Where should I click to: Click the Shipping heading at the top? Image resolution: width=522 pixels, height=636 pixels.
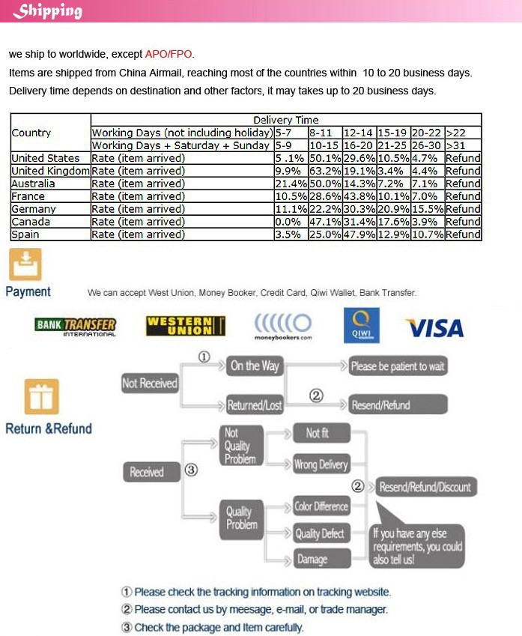click(49, 11)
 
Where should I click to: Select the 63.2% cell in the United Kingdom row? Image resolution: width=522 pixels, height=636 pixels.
click(324, 171)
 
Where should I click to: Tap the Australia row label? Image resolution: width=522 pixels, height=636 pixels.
click(33, 184)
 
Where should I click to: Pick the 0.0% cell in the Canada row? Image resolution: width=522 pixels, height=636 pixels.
click(288, 222)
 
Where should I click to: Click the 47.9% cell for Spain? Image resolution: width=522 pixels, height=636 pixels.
click(359, 234)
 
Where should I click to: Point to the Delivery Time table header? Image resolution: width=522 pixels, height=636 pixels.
click(285, 120)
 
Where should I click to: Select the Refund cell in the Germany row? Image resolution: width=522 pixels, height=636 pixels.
click(462, 209)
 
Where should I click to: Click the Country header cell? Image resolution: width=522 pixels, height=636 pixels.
click(31, 133)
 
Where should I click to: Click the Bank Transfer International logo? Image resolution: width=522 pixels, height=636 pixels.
click(76, 327)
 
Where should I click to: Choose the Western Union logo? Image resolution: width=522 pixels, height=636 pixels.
click(185, 326)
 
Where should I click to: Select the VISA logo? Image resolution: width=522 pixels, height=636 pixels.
click(434, 328)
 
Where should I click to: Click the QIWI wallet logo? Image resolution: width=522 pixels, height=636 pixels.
click(360, 325)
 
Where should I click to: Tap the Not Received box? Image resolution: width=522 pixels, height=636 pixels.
click(150, 383)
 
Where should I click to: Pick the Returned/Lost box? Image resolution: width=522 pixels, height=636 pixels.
click(255, 405)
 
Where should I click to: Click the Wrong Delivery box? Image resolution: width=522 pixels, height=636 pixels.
click(321, 464)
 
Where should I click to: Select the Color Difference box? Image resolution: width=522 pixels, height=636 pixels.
click(321, 506)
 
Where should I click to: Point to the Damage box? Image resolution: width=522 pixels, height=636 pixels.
click(312, 559)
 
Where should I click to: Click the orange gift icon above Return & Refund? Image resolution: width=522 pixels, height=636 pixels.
click(41, 396)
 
